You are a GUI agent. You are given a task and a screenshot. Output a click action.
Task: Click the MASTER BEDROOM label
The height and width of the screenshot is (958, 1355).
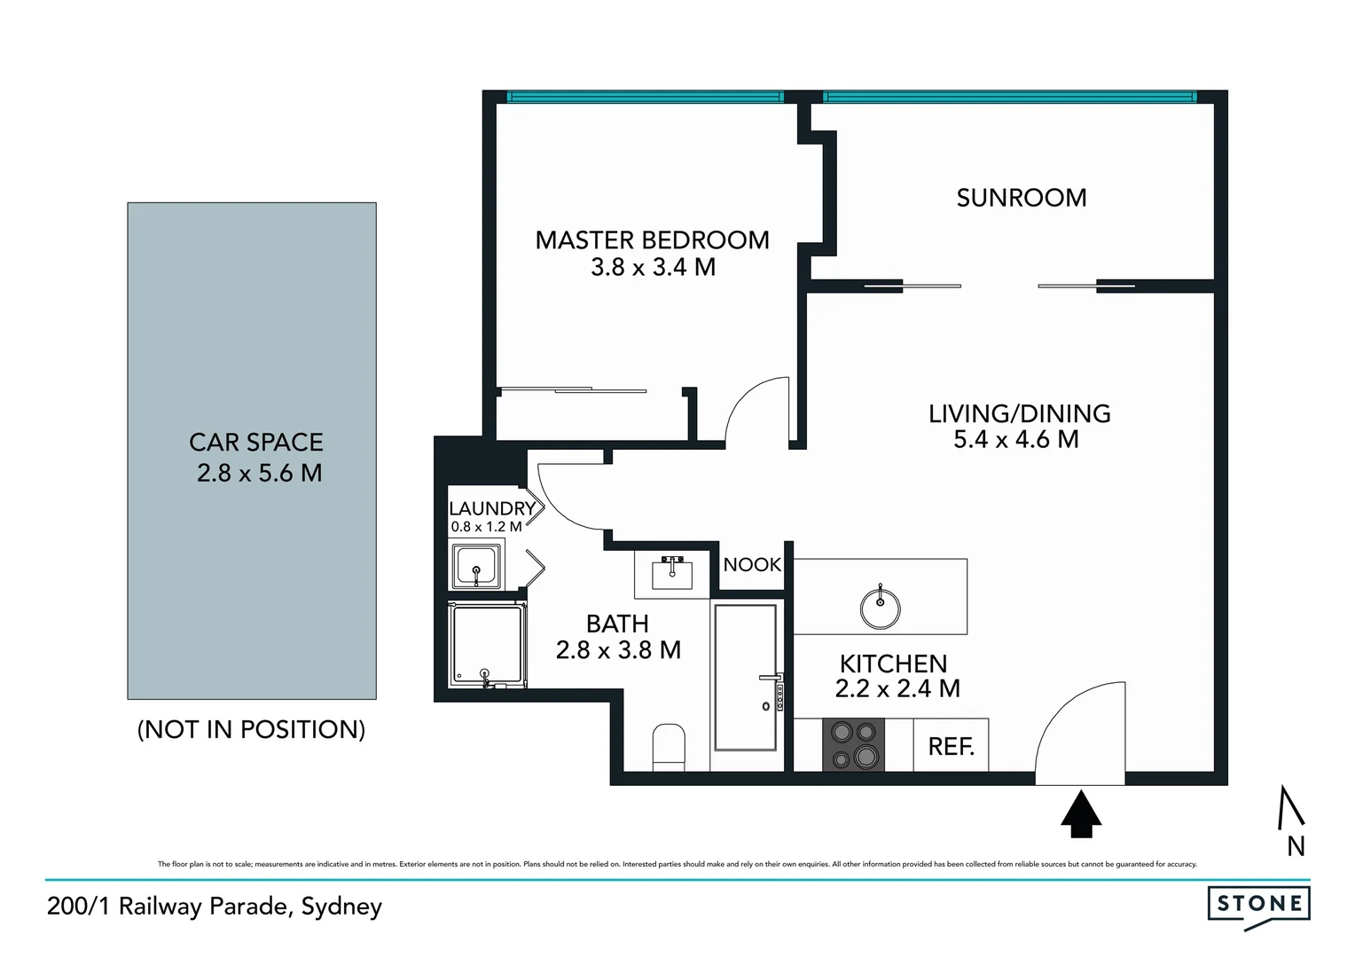click(652, 240)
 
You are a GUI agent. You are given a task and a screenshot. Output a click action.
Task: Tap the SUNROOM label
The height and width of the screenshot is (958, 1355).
click(1021, 198)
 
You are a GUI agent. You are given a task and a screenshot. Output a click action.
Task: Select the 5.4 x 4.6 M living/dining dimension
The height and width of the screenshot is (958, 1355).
click(1015, 439)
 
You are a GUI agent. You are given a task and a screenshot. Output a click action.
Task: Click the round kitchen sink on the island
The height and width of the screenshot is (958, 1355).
click(880, 608)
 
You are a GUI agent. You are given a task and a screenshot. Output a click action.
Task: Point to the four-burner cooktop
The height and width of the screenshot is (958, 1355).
click(854, 744)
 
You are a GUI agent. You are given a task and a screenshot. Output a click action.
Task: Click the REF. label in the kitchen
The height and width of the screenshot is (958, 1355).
click(951, 747)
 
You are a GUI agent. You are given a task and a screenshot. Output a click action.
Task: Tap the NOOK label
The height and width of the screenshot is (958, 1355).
click(752, 565)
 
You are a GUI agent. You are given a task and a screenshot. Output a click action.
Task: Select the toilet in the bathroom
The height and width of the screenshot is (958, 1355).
click(669, 747)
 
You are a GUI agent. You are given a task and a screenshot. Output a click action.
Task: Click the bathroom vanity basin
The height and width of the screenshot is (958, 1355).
click(671, 574)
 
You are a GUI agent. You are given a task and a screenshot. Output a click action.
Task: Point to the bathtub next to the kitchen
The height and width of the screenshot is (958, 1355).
click(745, 676)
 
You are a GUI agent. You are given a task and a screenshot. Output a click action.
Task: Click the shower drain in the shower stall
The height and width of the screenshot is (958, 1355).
click(485, 674)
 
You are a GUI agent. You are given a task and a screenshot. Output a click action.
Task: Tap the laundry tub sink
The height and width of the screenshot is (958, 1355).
click(477, 568)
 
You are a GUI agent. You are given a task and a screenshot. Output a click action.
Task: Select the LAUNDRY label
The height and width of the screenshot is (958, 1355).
click(491, 508)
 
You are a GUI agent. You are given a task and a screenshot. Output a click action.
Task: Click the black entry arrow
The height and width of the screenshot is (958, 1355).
click(1081, 815)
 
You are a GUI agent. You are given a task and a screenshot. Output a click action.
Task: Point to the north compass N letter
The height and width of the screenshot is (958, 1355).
click(1296, 847)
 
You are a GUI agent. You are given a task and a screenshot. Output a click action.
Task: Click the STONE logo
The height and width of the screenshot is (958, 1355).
click(1258, 905)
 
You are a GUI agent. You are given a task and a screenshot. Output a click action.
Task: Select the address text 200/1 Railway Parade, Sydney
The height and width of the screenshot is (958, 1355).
click(215, 907)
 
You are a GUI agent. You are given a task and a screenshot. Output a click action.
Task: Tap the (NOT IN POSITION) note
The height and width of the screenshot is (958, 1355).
click(251, 729)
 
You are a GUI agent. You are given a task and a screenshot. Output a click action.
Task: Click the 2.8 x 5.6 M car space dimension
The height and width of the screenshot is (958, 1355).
click(259, 473)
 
